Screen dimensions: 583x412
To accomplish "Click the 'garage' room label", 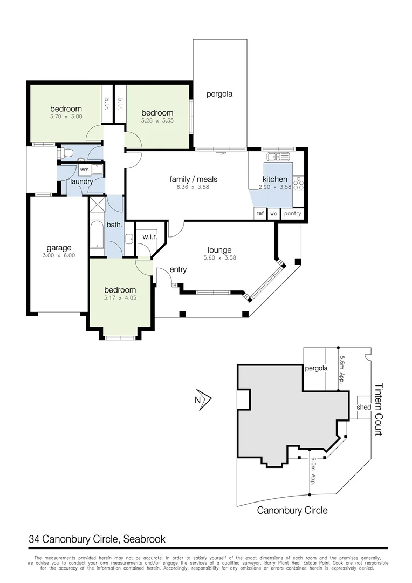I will pyautogui.click(x=59, y=248).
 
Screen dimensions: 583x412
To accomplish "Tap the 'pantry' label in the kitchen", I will pyautogui.click(x=292, y=214).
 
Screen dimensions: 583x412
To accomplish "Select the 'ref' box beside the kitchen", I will pyautogui.click(x=260, y=214).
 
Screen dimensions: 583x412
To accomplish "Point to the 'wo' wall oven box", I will pyautogui.click(x=273, y=214).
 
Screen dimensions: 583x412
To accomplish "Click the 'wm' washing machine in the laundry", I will pyautogui.click(x=84, y=170).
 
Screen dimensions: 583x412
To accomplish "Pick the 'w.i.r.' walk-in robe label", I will pyautogui.click(x=149, y=236).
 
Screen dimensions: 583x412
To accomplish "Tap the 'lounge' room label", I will pyautogui.click(x=219, y=250).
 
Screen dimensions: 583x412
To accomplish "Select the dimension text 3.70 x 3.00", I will pyautogui.click(x=66, y=117).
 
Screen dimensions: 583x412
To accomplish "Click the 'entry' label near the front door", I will pyautogui.click(x=178, y=269).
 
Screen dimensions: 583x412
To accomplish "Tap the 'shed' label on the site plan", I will pyautogui.click(x=363, y=407).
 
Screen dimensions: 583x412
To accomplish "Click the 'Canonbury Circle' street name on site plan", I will pyautogui.click(x=292, y=510).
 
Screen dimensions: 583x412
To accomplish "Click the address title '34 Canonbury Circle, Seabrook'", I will pyautogui.click(x=97, y=539).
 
